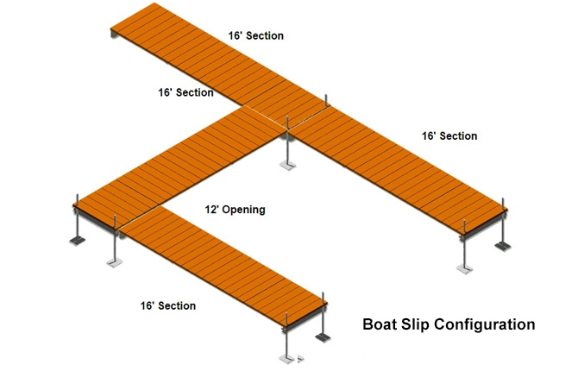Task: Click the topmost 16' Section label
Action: [255, 35]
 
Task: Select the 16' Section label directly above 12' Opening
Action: [185, 92]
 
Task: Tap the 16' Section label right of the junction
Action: [449, 135]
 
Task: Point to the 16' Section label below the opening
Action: [167, 305]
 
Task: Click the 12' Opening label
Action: [234, 210]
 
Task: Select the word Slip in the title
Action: [422, 325]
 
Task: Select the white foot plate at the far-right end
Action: [466, 269]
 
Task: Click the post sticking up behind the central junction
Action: [325, 101]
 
